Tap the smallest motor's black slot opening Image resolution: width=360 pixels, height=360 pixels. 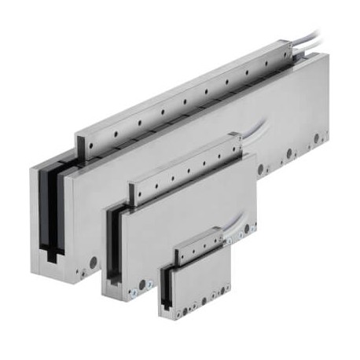point(167,288)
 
